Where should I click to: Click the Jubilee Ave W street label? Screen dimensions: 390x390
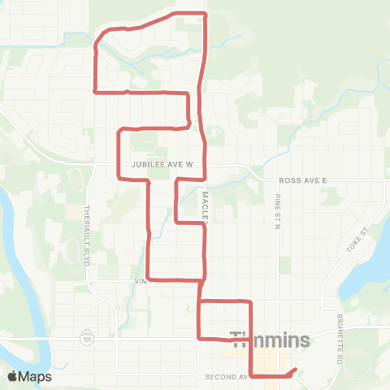(161, 164)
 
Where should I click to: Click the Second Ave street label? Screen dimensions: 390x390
(226, 377)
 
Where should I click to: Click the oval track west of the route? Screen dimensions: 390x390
(77, 179)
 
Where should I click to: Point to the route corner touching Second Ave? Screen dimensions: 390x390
(251, 376)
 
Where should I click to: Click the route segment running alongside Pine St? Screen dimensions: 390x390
(250, 341)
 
